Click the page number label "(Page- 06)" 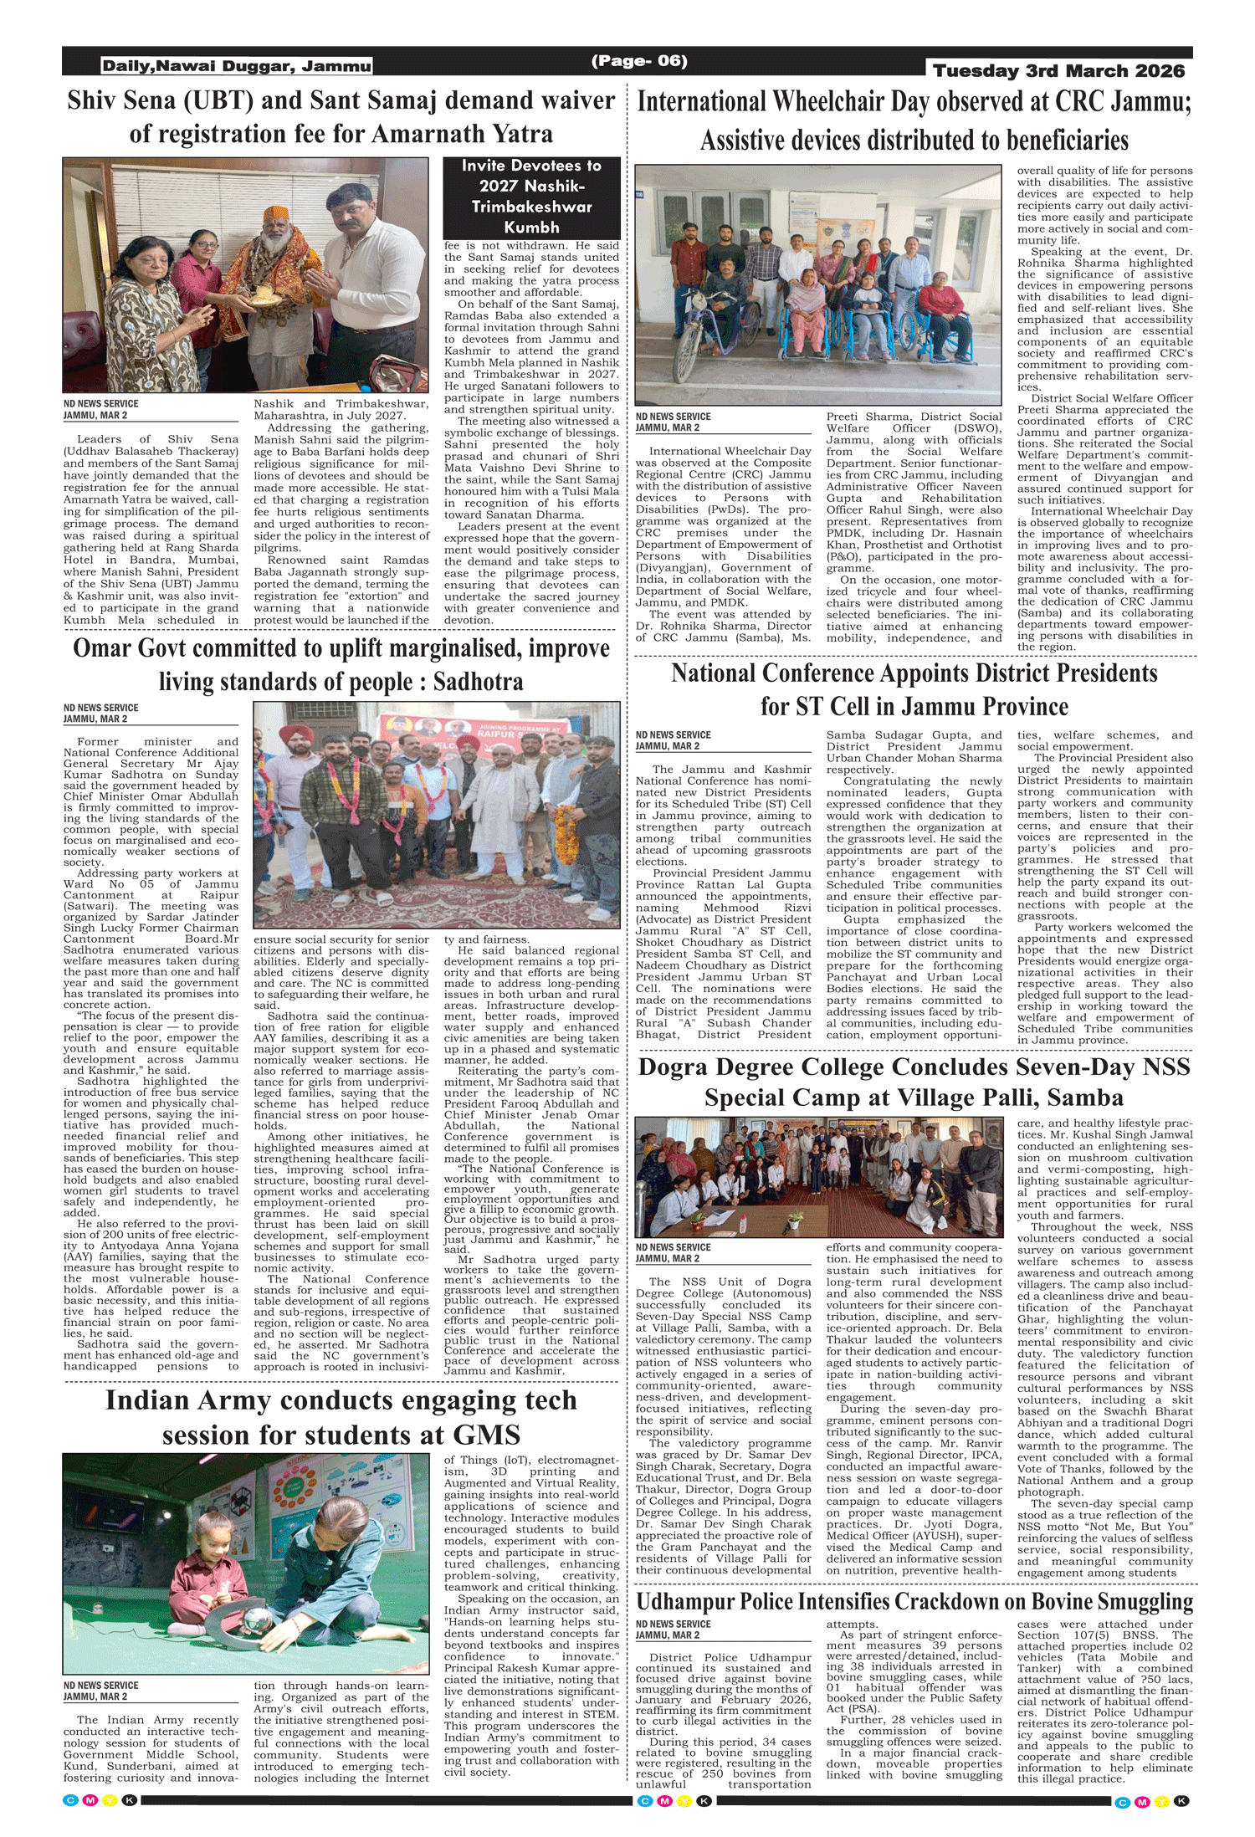click(639, 61)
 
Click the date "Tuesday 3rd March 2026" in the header click(1058, 71)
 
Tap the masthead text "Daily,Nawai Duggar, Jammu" click(237, 66)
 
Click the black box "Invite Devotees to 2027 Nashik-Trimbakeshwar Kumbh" click(531, 197)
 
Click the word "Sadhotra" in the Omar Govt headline click(478, 682)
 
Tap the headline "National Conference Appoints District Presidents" click(914, 673)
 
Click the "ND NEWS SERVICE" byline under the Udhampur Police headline click(673, 1624)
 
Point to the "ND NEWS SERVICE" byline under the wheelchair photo click(673, 417)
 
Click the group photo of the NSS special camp click(818, 1177)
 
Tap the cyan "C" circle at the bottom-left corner click(71, 1800)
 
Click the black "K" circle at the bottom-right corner click(1181, 1801)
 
